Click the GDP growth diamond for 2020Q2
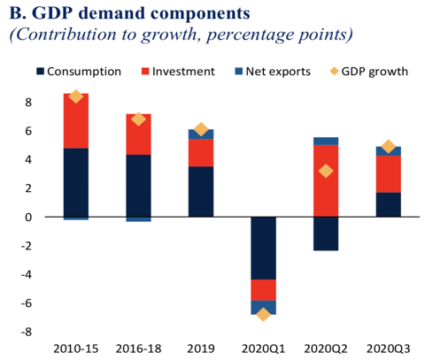point(326,171)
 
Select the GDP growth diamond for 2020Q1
point(263,314)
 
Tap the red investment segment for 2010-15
point(76,121)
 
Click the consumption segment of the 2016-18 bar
point(138,186)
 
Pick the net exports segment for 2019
point(201,134)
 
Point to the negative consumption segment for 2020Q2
point(326,234)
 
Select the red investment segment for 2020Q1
point(264,290)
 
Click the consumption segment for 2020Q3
point(389,204)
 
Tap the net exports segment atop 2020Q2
point(326,141)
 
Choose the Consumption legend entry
point(79,72)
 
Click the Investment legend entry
point(178,72)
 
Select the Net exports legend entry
point(273,72)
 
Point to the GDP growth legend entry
point(369,72)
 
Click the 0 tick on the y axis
point(28,218)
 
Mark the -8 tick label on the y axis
point(26,333)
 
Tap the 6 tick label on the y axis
point(28,131)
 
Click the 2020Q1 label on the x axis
point(264,349)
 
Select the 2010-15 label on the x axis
point(76,349)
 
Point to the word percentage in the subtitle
point(252,35)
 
